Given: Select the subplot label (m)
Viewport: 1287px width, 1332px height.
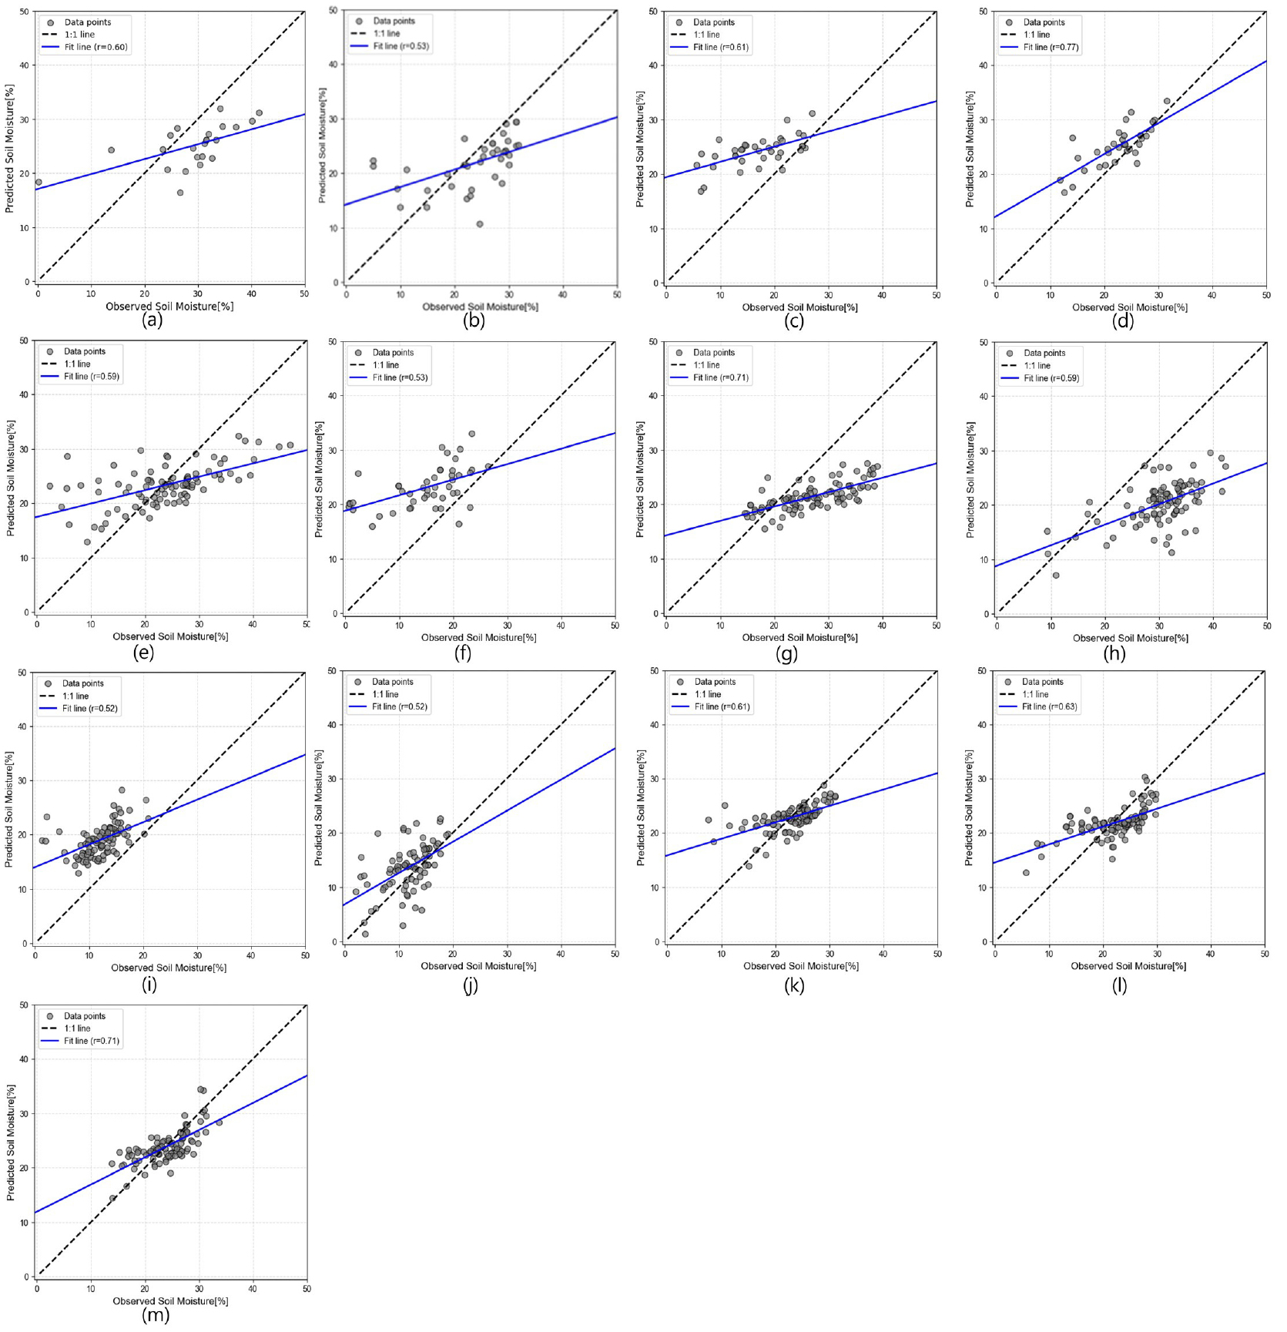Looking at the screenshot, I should pos(156,1315).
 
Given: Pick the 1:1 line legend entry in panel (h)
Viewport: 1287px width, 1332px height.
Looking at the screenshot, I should pos(1037,366).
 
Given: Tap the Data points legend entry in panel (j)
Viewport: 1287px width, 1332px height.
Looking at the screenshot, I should pos(392,682).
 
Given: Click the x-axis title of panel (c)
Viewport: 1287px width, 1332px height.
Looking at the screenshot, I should pos(799,307).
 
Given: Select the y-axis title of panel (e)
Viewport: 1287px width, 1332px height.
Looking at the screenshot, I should pos(11,478).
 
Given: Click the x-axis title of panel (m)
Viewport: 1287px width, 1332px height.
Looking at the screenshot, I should pos(170,1301).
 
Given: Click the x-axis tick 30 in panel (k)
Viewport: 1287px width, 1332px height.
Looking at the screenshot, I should pos(830,954).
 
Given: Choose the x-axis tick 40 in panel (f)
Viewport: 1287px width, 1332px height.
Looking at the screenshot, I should pos(561,626).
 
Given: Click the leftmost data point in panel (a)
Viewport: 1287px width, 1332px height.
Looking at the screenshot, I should pos(39,183).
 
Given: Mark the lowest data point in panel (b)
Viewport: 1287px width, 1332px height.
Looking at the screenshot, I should pos(480,224).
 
